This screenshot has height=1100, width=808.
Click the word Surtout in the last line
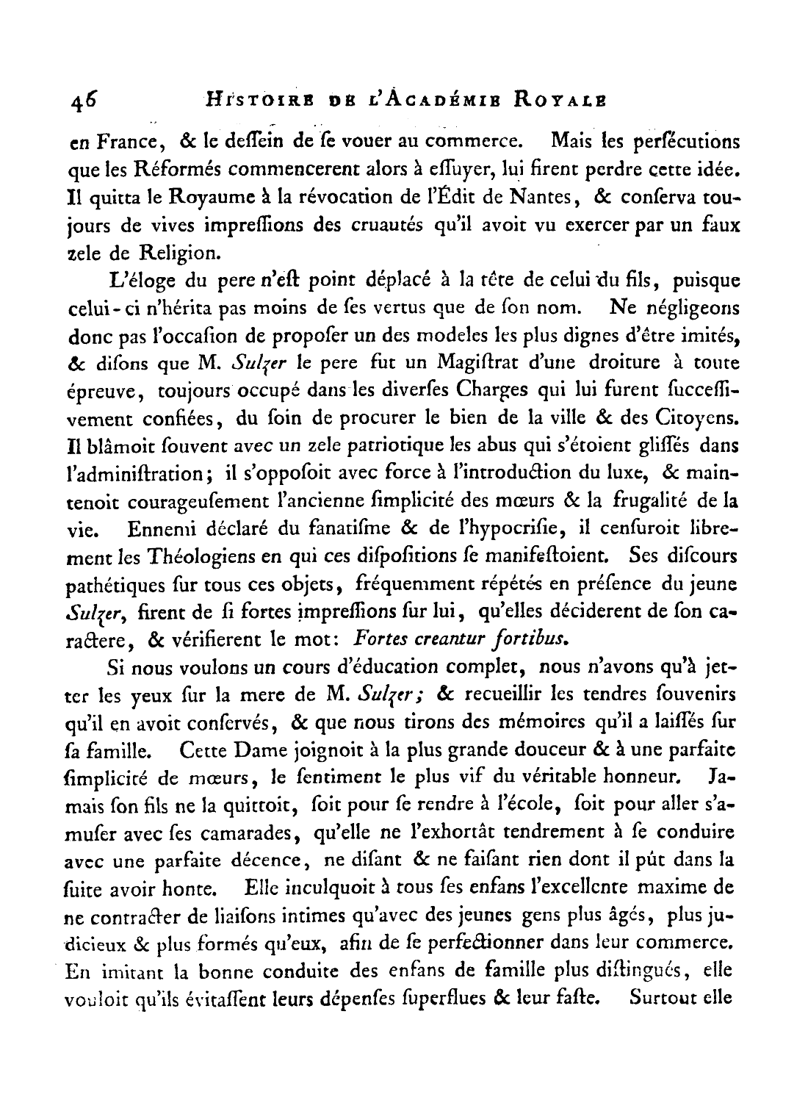655,1000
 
